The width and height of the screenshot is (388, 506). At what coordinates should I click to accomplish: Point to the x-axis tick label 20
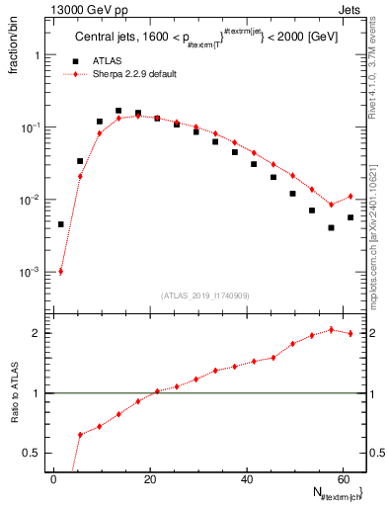[x=149, y=479]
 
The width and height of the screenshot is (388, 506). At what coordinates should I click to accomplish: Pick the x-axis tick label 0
[x=53, y=479]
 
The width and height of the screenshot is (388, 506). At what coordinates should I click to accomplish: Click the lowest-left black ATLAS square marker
[x=61, y=224]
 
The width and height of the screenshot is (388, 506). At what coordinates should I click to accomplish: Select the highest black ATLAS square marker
[x=118, y=111]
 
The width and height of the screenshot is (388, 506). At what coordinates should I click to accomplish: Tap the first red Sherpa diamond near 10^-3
[x=61, y=272]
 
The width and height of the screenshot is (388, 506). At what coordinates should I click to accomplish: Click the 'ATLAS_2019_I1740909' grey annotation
[x=203, y=295]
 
